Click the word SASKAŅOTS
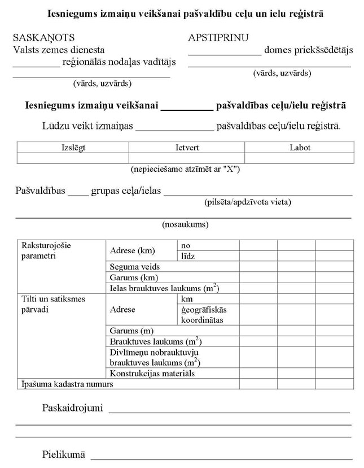pyautogui.click(x=43, y=38)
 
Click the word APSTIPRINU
pyautogui.click(x=218, y=38)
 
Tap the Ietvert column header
pyautogui.click(x=187, y=148)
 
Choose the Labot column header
pyautogui.click(x=300, y=148)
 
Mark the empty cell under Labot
pyautogui.click(x=300, y=158)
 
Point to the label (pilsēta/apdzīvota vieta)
pyautogui.click(x=248, y=202)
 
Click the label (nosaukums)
pyautogui.click(x=186, y=224)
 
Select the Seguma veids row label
pyautogui.click(x=135, y=266)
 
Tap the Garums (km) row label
pyautogui.click(x=134, y=277)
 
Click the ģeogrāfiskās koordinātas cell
pyautogui.click(x=203, y=314)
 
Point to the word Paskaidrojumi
pyautogui.click(x=72, y=408)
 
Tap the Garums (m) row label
pyautogui.click(x=132, y=331)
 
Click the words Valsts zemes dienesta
pyautogui.click(x=59, y=50)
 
